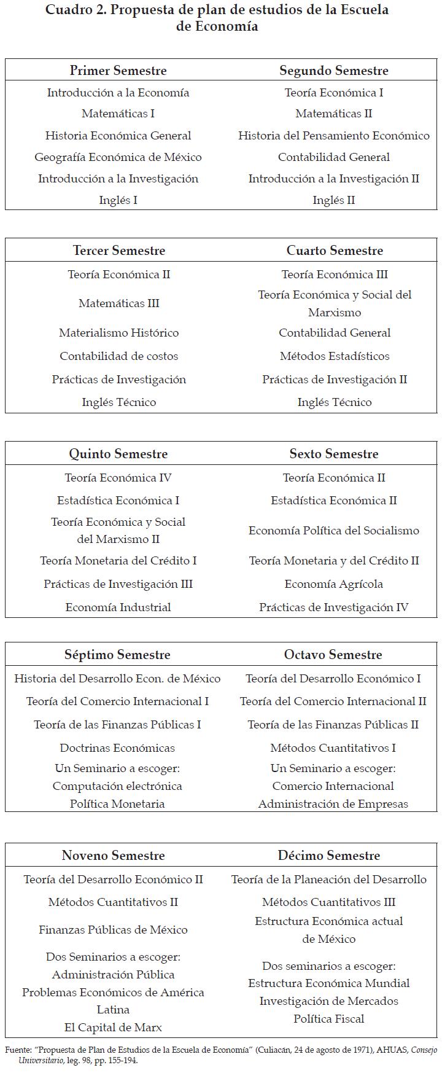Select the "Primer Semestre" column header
[118, 71]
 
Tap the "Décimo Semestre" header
[329, 856]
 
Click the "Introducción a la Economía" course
[118, 93]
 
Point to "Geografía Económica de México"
[118, 157]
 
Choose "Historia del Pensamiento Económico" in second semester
[334, 136]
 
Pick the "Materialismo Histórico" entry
[119, 333]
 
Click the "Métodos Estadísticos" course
[335, 356]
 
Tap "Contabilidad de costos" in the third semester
[119, 356]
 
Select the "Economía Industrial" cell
[118, 607]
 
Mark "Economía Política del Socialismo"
[334, 531]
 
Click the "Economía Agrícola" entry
[334, 584]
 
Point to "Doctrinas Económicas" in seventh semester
[117, 748]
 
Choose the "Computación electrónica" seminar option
[117, 786]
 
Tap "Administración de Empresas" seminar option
[333, 804]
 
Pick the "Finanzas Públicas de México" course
[114, 930]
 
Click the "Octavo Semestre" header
[333, 655]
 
